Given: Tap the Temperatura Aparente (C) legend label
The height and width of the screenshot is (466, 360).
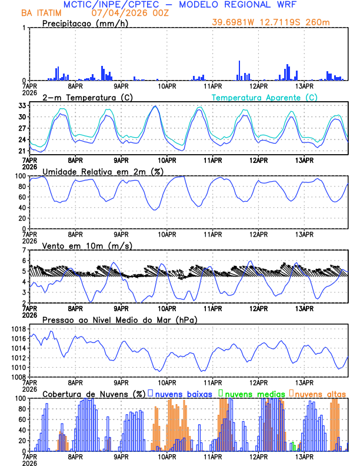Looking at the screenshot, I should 264,97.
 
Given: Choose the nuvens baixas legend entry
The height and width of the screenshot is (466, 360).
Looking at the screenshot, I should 184,393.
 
